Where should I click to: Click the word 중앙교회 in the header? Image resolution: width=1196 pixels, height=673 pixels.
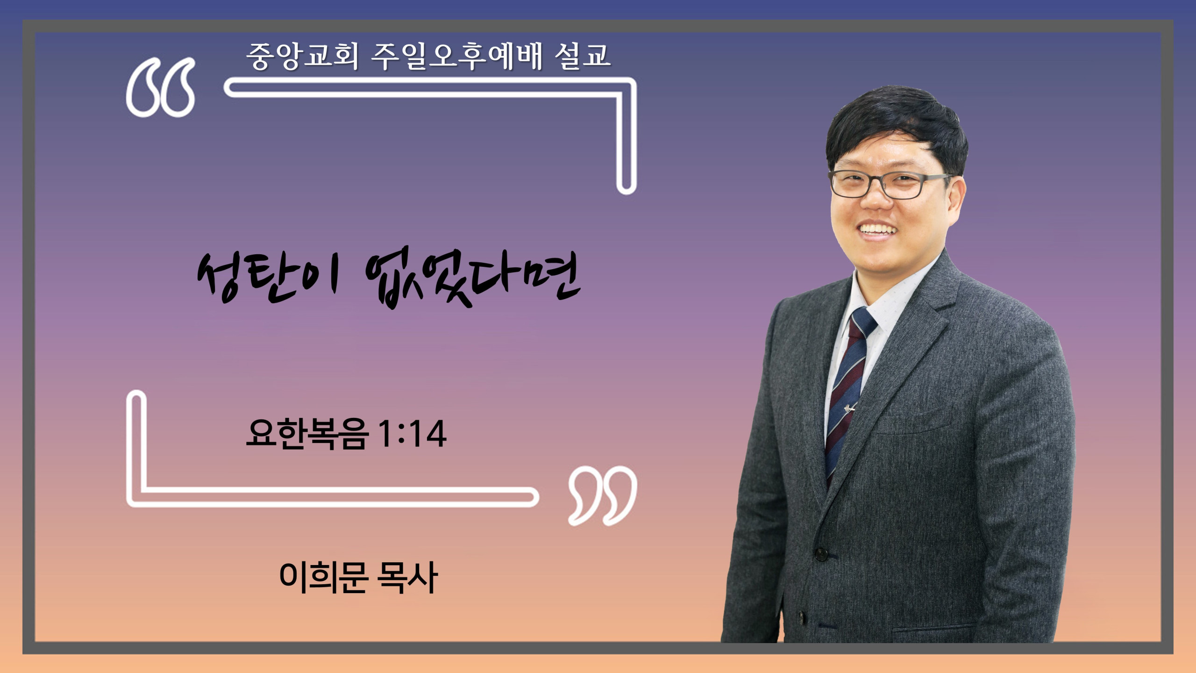coord(303,56)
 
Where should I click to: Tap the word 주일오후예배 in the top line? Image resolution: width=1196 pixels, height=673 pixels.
coord(456,56)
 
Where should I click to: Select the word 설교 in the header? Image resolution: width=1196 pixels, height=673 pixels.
coord(583,56)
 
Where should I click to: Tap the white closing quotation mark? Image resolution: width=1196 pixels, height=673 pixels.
coord(603,495)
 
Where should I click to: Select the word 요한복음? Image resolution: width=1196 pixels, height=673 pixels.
coord(307,434)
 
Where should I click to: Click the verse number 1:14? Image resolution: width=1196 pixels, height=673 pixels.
coord(412,434)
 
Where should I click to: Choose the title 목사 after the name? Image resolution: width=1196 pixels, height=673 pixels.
coord(407,578)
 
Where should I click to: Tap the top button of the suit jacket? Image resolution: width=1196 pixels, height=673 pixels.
coord(821,555)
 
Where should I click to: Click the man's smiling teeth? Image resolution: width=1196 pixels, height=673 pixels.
coord(878,229)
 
